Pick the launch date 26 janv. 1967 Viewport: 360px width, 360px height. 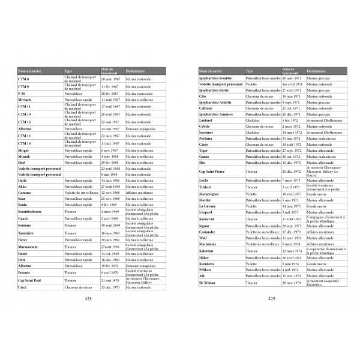[x=112, y=79]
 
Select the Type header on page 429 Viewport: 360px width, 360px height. [x=250, y=71]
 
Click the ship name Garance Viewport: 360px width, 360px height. [x=25, y=193]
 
